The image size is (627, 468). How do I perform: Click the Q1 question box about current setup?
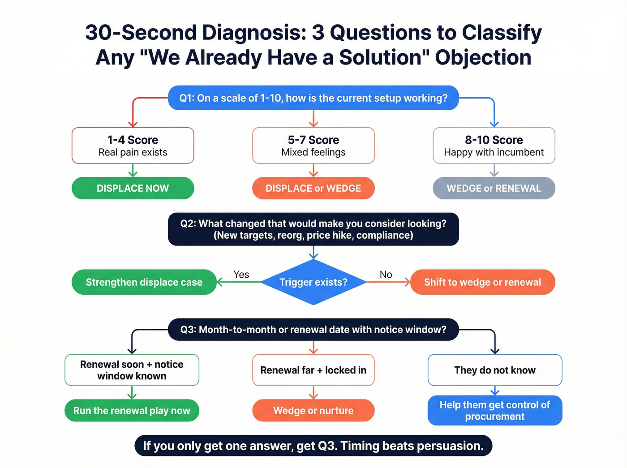point(313,98)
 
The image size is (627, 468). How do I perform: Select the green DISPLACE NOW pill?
point(133,189)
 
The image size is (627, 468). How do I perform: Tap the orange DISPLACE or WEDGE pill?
point(313,189)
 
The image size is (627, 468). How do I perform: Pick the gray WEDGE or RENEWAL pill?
point(494,189)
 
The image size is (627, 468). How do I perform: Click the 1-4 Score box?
point(133,146)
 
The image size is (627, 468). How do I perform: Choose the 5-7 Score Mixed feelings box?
point(313,146)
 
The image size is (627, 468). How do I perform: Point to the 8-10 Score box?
point(494,146)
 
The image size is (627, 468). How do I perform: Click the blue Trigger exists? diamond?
point(313,282)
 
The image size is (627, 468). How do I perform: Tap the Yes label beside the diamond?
point(241,275)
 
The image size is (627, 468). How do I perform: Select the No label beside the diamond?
point(386,275)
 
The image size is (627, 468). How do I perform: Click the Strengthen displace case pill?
point(144,282)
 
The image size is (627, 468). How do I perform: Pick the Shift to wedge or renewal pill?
point(482,282)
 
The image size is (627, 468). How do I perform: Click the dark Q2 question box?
point(313,229)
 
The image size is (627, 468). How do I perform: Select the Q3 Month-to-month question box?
point(313,330)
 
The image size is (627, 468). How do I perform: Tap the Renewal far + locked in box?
point(313,370)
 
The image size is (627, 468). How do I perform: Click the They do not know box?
point(494,370)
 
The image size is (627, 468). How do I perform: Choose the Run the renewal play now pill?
point(132,411)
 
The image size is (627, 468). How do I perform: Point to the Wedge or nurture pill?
point(313,411)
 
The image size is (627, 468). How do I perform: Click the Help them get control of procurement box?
point(494,411)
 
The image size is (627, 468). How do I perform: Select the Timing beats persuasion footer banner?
point(313,446)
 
